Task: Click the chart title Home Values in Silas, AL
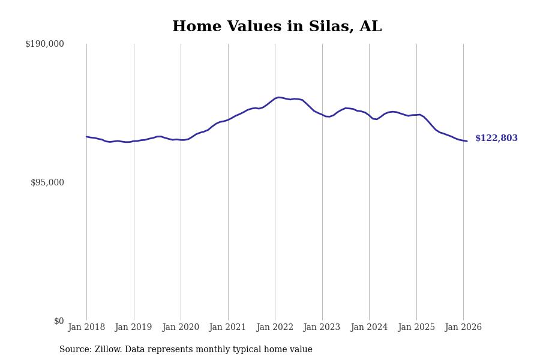tap(277, 27)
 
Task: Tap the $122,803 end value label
tap(496, 139)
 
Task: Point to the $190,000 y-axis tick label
tap(44, 44)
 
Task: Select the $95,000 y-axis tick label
tap(47, 182)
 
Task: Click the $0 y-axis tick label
tap(59, 321)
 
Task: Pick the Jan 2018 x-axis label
tap(86, 328)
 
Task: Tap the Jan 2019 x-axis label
tap(133, 328)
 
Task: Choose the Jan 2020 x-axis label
tap(181, 328)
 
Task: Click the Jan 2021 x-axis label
tap(227, 328)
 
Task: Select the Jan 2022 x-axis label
tap(275, 328)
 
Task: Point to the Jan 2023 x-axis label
tap(322, 328)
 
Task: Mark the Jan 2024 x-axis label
tap(369, 328)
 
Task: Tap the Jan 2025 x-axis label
tap(416, 328)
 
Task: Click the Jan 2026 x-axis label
tap(463, 328)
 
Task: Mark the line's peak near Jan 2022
tap(279, 97)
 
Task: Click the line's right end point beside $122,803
tap(467, 141)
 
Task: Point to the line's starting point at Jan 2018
tap(86, 137)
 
